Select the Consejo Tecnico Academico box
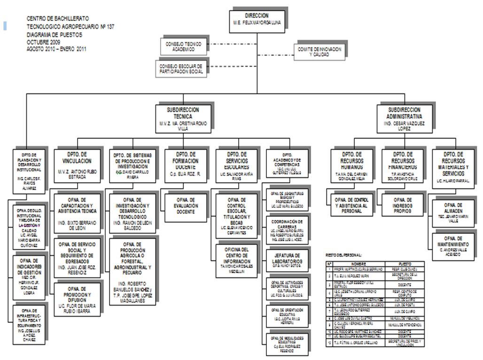pyautogui.click(x=183, y=46)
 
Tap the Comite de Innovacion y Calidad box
pyautogui.click(x=319, y=51)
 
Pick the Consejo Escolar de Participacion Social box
pyautogui.click(x=181, y=69)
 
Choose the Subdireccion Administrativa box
pyautogui.click(x=404, y=116)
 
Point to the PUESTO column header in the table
pyautogui.click(x=404, y=264)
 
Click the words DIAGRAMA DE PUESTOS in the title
pyautogui.click(x=55, y=35)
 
